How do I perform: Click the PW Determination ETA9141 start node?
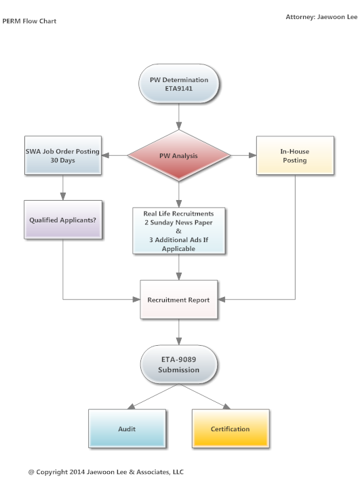coord(178,83)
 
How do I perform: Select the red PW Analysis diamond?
coord(178,155)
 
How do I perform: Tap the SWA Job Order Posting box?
coord(63,155)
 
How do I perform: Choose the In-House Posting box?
coord(295,155)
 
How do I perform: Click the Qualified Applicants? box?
coord(63,220)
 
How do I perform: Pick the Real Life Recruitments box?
coord(178,231)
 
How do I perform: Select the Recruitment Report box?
coord(178,300)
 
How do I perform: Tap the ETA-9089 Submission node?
coord(178,364)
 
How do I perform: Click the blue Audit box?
coord(127,429)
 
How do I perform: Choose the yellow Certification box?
coord(231,429)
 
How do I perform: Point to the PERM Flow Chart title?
coord(29,21)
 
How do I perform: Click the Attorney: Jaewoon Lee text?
coord(321,17)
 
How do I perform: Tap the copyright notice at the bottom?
coord(106,472)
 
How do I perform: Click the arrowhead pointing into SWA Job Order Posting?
coord(105,155)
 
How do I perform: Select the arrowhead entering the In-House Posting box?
coord(253,155)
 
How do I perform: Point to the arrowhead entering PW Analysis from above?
coord(178,126)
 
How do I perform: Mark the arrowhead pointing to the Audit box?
coord(132,406)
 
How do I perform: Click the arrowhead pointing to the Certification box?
coord(226,406)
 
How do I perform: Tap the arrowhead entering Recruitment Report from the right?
coord(222,300)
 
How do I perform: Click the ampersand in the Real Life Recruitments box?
coord(178,231)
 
